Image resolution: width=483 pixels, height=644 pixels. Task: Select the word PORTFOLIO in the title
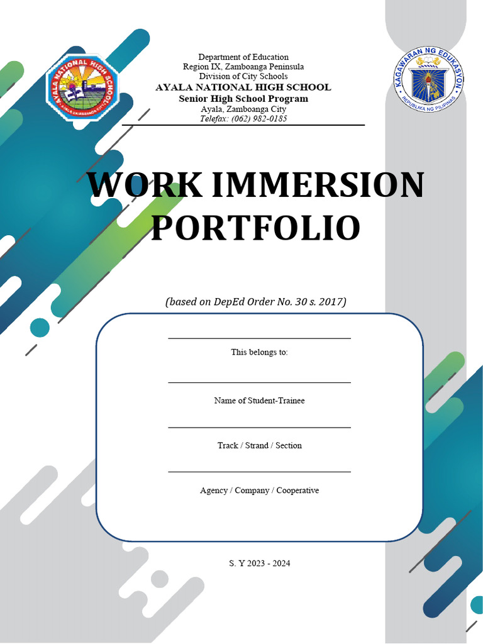point(255,228)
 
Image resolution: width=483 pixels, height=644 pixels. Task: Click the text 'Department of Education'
point(243,57)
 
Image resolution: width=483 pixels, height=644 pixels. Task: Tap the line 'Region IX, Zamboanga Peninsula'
point(243,67)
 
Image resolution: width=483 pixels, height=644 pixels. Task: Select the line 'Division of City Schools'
point(243,76)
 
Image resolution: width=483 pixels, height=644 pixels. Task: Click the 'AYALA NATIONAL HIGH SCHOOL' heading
point(243,87)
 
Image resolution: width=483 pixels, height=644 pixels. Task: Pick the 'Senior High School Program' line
point(243,99)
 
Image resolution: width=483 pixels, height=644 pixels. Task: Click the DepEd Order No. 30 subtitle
point(256,302)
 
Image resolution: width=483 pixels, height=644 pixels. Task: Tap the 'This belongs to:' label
point(259,352)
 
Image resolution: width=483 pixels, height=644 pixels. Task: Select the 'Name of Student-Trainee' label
point(259,401)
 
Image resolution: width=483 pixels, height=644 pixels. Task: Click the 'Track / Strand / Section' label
point(259,445)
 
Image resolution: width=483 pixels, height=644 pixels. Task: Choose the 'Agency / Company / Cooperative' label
point(259,490)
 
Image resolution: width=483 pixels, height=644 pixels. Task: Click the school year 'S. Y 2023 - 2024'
point(259,563)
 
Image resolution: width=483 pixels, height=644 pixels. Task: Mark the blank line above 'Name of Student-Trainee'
point(259,382)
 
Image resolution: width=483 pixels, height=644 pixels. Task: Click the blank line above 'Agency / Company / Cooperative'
point(259,472)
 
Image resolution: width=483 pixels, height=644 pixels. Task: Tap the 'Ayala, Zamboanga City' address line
point(243,109)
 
